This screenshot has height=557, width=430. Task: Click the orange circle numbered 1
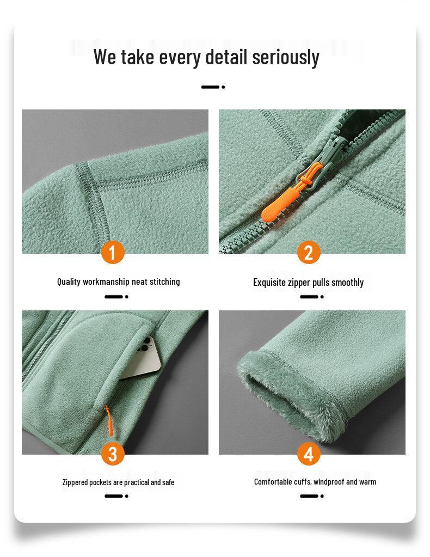[x=113, y=253]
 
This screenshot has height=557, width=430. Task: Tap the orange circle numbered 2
[x=309, y=253]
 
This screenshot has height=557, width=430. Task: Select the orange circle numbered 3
[x=113, y=454]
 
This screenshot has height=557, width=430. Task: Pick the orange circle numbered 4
[x=309, y=454]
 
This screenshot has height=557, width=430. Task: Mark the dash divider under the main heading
[x=213, y=87]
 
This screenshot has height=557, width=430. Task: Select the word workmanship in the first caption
[x=106, y=281]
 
